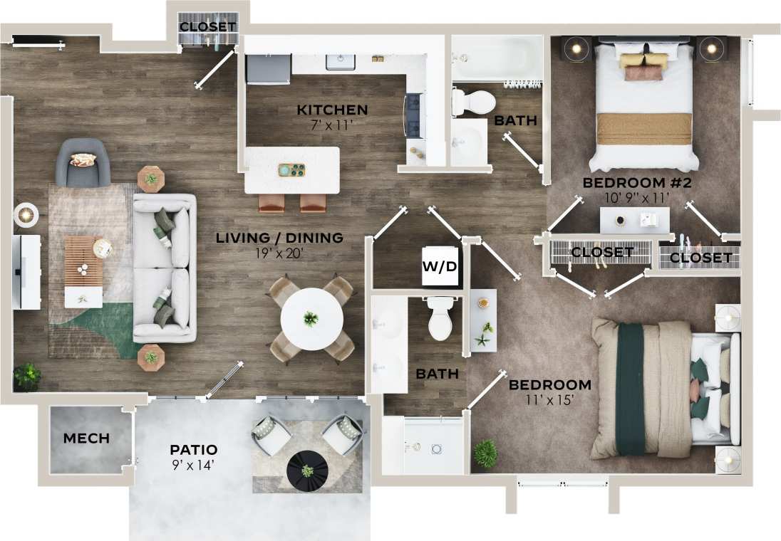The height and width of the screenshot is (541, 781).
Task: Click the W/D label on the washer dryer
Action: click(439, 267)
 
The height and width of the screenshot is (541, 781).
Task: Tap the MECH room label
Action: click(86, 438)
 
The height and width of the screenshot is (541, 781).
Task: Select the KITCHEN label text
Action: click(332, 110)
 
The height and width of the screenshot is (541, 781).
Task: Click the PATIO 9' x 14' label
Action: click(193, 456)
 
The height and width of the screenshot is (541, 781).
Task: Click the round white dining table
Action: click(311, 318)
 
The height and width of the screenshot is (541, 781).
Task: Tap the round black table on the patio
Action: click(307, 471)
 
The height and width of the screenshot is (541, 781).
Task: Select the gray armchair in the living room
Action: click(83, 162)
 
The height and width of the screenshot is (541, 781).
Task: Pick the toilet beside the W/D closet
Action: click(441, 320)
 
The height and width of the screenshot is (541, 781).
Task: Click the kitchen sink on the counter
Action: click(341, 62)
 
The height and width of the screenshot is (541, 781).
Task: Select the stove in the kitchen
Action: click(414, 115)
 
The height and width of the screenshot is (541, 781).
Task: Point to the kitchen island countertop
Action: click(292, 170)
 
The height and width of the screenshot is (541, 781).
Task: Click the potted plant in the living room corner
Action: click(27, 376)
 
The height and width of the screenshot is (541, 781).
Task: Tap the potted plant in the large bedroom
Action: click(486, 453)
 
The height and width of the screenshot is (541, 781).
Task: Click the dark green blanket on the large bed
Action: click(631, 388)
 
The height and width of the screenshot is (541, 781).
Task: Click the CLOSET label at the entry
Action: click(207, 27)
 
